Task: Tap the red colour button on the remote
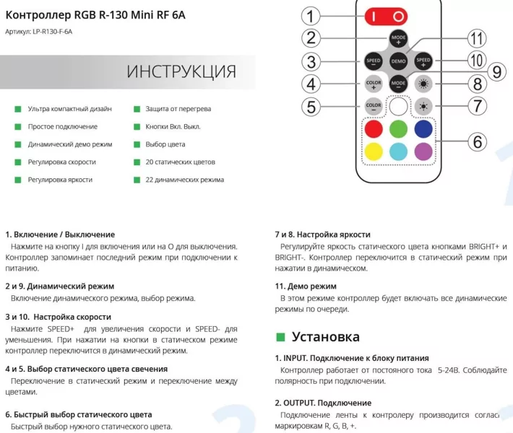[x=373, y=129]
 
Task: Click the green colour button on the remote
[x=398, y=129]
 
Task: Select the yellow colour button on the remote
[x=373, y=152]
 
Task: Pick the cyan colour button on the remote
[x=398, y=152]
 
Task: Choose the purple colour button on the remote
[x=423, y=152]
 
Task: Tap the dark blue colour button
[x=423, y=129]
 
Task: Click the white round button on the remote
[x=398, y=107]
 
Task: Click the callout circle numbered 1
[x=311, y=16]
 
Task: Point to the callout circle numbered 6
[x=477, y=141]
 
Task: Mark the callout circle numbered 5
[x=311, y=107]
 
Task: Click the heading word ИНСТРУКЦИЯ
[x=181, y=71]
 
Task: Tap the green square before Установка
[x=281, y=336]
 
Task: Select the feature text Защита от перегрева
[x=178, y=109]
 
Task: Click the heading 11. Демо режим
[x=306, y=286]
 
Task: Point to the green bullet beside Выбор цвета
[x=137, y=144]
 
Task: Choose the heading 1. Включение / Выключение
[x=60, y=235]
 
